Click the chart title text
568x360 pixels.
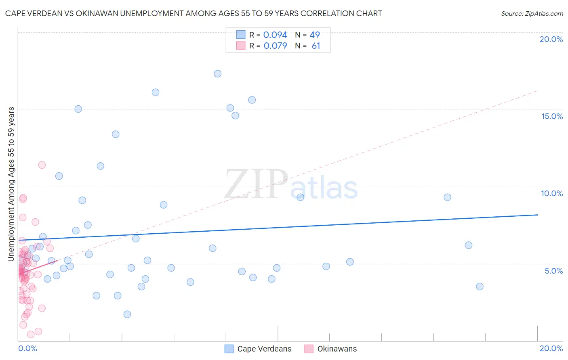pos(194,13)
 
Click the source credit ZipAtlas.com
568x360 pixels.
pos(532,13)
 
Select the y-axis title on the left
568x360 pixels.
pos(11,184)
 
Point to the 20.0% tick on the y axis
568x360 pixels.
pos(551,39)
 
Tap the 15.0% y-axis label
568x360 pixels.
pos(552,116)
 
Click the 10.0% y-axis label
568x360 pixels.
pos(552,193)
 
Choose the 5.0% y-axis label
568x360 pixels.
pos(553,271)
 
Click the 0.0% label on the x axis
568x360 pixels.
pos(27,348)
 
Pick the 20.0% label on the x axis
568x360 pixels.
pos(551,348)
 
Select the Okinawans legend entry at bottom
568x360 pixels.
pos(337,349)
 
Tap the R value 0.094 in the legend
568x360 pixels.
pos(275,35)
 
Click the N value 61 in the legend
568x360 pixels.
pos(316,46)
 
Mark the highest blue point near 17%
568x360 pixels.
pos(217,73)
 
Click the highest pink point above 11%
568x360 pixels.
pos(42,165)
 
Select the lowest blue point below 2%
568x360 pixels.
pos(127,314)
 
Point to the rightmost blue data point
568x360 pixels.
pos(480,287)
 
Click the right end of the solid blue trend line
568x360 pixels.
pos(537,215)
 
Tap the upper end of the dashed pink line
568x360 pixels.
pos(537,91)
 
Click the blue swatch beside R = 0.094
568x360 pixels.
pos(241,35)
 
